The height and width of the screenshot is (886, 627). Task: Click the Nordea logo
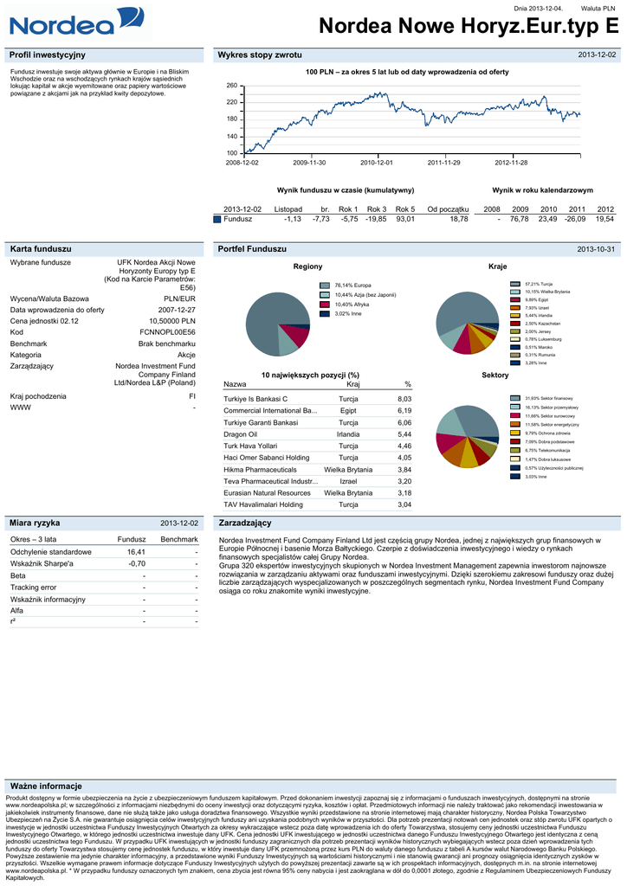pos(61,23)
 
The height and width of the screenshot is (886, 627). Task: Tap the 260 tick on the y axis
pos(231,87)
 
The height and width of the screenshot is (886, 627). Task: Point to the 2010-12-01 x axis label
pos(377,163)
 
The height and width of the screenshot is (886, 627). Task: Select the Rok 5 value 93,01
pos(405,219)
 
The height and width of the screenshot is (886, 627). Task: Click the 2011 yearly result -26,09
pos(575,219)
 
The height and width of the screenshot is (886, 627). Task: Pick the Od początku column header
pos(448,209)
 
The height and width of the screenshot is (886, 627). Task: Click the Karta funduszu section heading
pos(34,248)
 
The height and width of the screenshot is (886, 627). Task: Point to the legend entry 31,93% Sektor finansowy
pos(545,397)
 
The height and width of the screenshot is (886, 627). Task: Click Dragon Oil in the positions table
pos(241,433)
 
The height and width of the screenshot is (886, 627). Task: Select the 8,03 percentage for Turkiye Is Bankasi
pos(404,398)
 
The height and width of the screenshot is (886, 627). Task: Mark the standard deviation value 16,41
pos(136,551)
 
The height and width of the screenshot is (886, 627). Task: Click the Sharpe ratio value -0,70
pos(136,563)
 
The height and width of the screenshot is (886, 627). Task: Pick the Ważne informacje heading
pos(45,786)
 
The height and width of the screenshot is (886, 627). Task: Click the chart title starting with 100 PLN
pos(408,72)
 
